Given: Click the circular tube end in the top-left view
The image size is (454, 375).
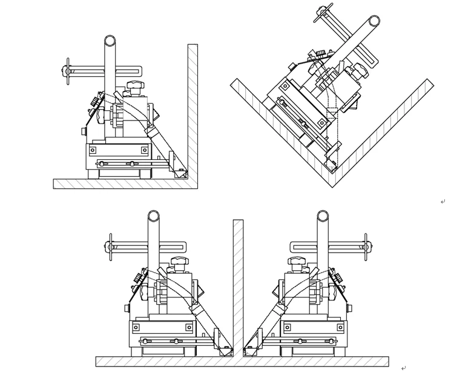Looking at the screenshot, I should (110, 41).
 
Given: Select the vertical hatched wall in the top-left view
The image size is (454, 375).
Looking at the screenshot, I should (192, 109).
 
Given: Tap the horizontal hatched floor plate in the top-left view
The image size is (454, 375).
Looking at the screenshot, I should (121, 184).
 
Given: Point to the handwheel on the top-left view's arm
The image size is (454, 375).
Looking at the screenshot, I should (68, 71).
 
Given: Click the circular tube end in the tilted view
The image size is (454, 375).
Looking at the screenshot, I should (374, 21).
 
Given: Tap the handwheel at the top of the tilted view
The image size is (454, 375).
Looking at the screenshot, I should (323, 12).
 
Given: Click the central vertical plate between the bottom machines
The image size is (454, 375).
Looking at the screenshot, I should (238, 285).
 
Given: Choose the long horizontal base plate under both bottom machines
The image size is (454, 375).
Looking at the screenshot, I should (242, 361).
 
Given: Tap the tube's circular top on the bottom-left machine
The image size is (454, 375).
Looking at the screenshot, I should (154, 216).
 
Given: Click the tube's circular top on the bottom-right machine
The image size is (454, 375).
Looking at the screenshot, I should (323, 216).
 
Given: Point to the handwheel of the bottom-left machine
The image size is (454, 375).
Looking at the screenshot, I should (110, 247).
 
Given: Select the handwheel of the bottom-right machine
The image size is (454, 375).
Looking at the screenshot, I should (366, 247).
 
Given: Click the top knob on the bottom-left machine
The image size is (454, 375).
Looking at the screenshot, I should (179, 262).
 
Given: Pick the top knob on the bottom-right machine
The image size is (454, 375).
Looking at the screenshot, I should (297, 262).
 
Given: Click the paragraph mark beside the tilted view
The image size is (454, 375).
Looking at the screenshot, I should (442, 202).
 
